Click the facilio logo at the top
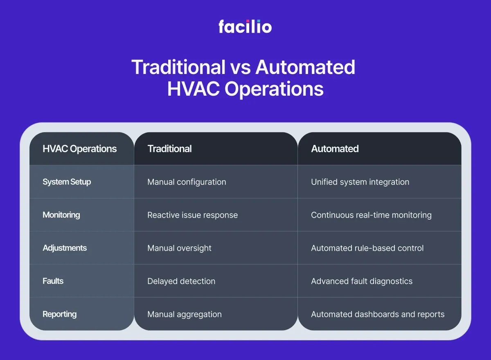click(245, 26)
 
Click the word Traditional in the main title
click(178, 67)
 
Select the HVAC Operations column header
click(79, 148)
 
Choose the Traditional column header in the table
click(169, 148)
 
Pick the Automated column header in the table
click(335, 148)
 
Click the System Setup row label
click(67, 182)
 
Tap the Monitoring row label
click(61, 215)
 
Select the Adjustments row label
click(65, 248)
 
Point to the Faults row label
click(53, 281)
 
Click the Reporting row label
click(59, 314)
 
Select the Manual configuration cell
click(187, 182)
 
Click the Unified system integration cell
click(360, 182)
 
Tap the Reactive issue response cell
click(192, 215)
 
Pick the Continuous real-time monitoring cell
click(371, 215)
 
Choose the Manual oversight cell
click(179, 248)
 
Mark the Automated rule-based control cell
click(367, 248)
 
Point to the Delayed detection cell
click(181, 281)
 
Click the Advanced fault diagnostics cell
click(362, 281)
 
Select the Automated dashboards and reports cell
click(377, 314)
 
